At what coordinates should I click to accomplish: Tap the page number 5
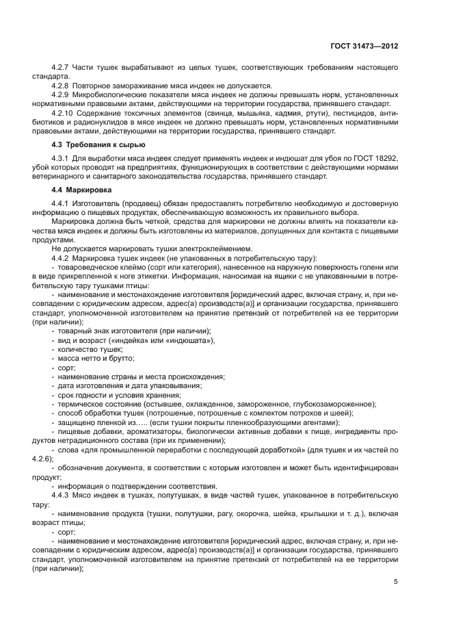tap(396, 582)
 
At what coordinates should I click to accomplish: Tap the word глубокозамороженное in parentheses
tap(335, 404)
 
